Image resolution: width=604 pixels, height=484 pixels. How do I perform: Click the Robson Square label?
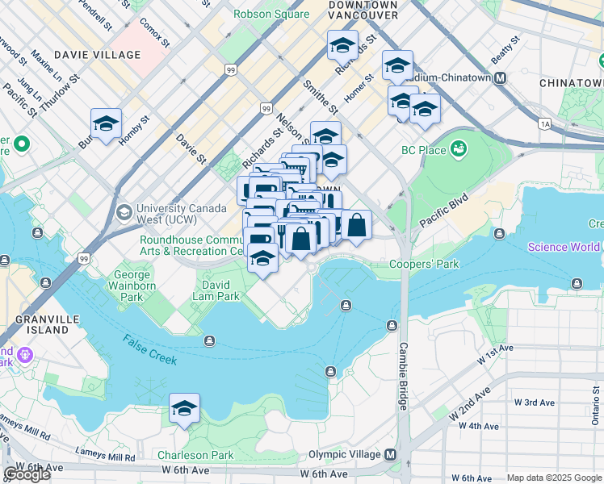pyautogui.click(x=271, y=14)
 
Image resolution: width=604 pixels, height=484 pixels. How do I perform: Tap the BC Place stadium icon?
pyautogui.click(x=459, y=149)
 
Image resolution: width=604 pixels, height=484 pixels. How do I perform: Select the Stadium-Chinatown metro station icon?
pyautogui.click(x=500, y=77)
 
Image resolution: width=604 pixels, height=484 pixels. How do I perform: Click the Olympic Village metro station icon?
pyautogui.click(x=391, y=455)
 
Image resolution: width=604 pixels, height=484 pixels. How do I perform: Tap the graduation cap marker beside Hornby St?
pyautogui.click(x=106, y=124)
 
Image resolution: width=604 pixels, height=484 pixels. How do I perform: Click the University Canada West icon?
pyautogui.click(x=124, y=212)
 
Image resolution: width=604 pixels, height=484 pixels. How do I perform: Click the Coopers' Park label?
pyautogui.click(x=424, y=264)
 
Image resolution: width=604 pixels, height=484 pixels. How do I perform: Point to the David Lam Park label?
pyautogui.click(x=220, y=290)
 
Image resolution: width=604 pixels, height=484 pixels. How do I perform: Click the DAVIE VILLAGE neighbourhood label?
pyautogui.click(x=97, y=55)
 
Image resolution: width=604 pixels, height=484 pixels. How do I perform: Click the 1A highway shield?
pyautogui.click(x=546, y=123)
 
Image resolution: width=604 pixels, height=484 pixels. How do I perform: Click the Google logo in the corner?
pyautogui.click(x=27, y=474)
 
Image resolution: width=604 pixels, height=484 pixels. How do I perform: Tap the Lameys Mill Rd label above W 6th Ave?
pyautogui.click(x=105, y=457)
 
